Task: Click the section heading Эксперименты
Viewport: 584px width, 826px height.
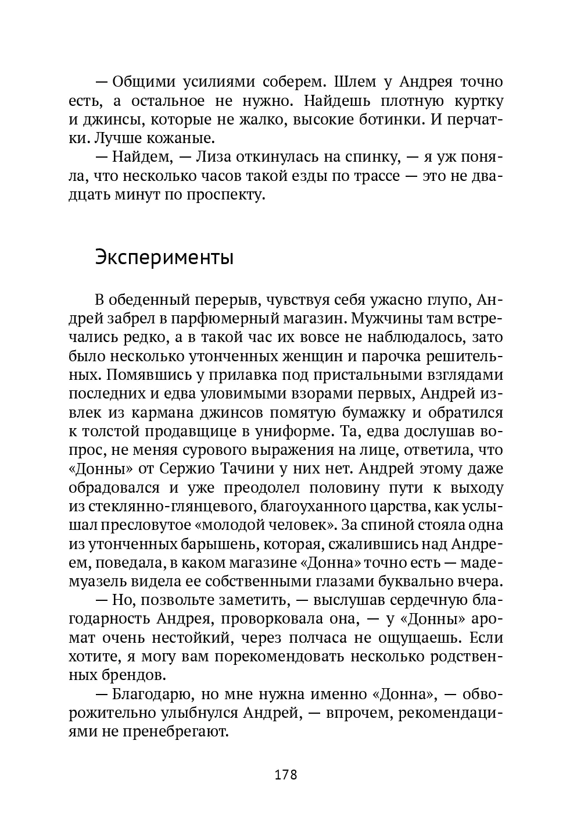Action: point(164,258)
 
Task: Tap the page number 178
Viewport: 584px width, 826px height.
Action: point(285,775)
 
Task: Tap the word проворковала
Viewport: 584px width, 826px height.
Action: point(281,618)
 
